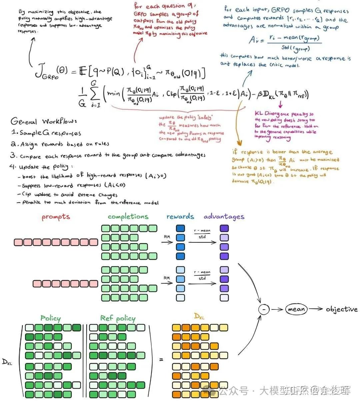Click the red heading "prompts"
(56, 217)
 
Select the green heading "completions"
(128, 216)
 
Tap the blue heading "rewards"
(180, 216)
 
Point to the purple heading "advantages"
(224, 216)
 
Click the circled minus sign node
(264, 309)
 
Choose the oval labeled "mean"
(296, 309)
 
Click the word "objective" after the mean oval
(341, 309)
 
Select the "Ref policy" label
(118, 318)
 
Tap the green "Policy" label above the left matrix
(51, 318)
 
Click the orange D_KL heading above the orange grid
(199, 315)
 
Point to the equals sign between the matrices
(161, 360)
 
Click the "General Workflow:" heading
(43, 121)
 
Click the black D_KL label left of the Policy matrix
(7, 362)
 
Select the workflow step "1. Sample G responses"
(46, 133)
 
